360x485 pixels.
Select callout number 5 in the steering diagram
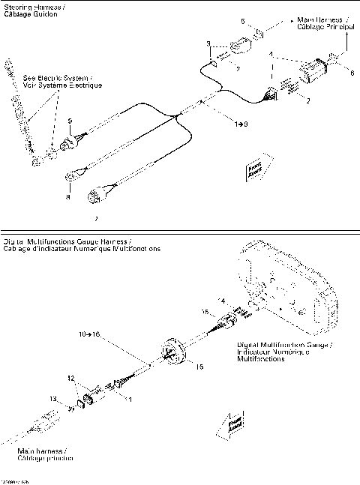pyautogui.click(x=242, y=22)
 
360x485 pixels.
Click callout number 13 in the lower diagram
pyautogui.click(x=52, y=399)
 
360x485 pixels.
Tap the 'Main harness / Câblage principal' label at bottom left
pyautogui.click(x=42, y=455)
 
